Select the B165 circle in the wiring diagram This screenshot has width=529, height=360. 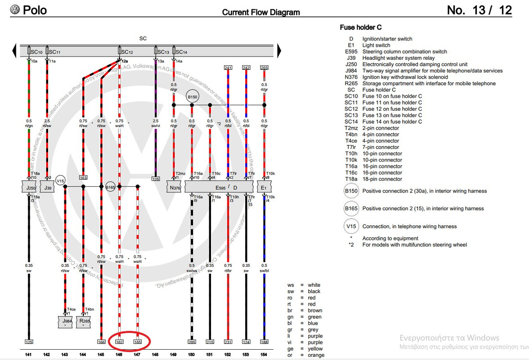coord(111,187)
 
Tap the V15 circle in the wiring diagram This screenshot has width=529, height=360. coord(61,180)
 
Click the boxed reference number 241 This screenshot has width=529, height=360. coord(228,68)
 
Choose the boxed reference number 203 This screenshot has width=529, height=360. coord(264,68)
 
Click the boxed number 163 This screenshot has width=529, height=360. coord(83,178)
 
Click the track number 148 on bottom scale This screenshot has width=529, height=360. coord(156,355)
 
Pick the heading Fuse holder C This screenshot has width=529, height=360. coord(361,27)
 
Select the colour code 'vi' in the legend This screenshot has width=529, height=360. coord(291,342)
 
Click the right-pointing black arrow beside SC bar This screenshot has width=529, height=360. coord(279,49)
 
